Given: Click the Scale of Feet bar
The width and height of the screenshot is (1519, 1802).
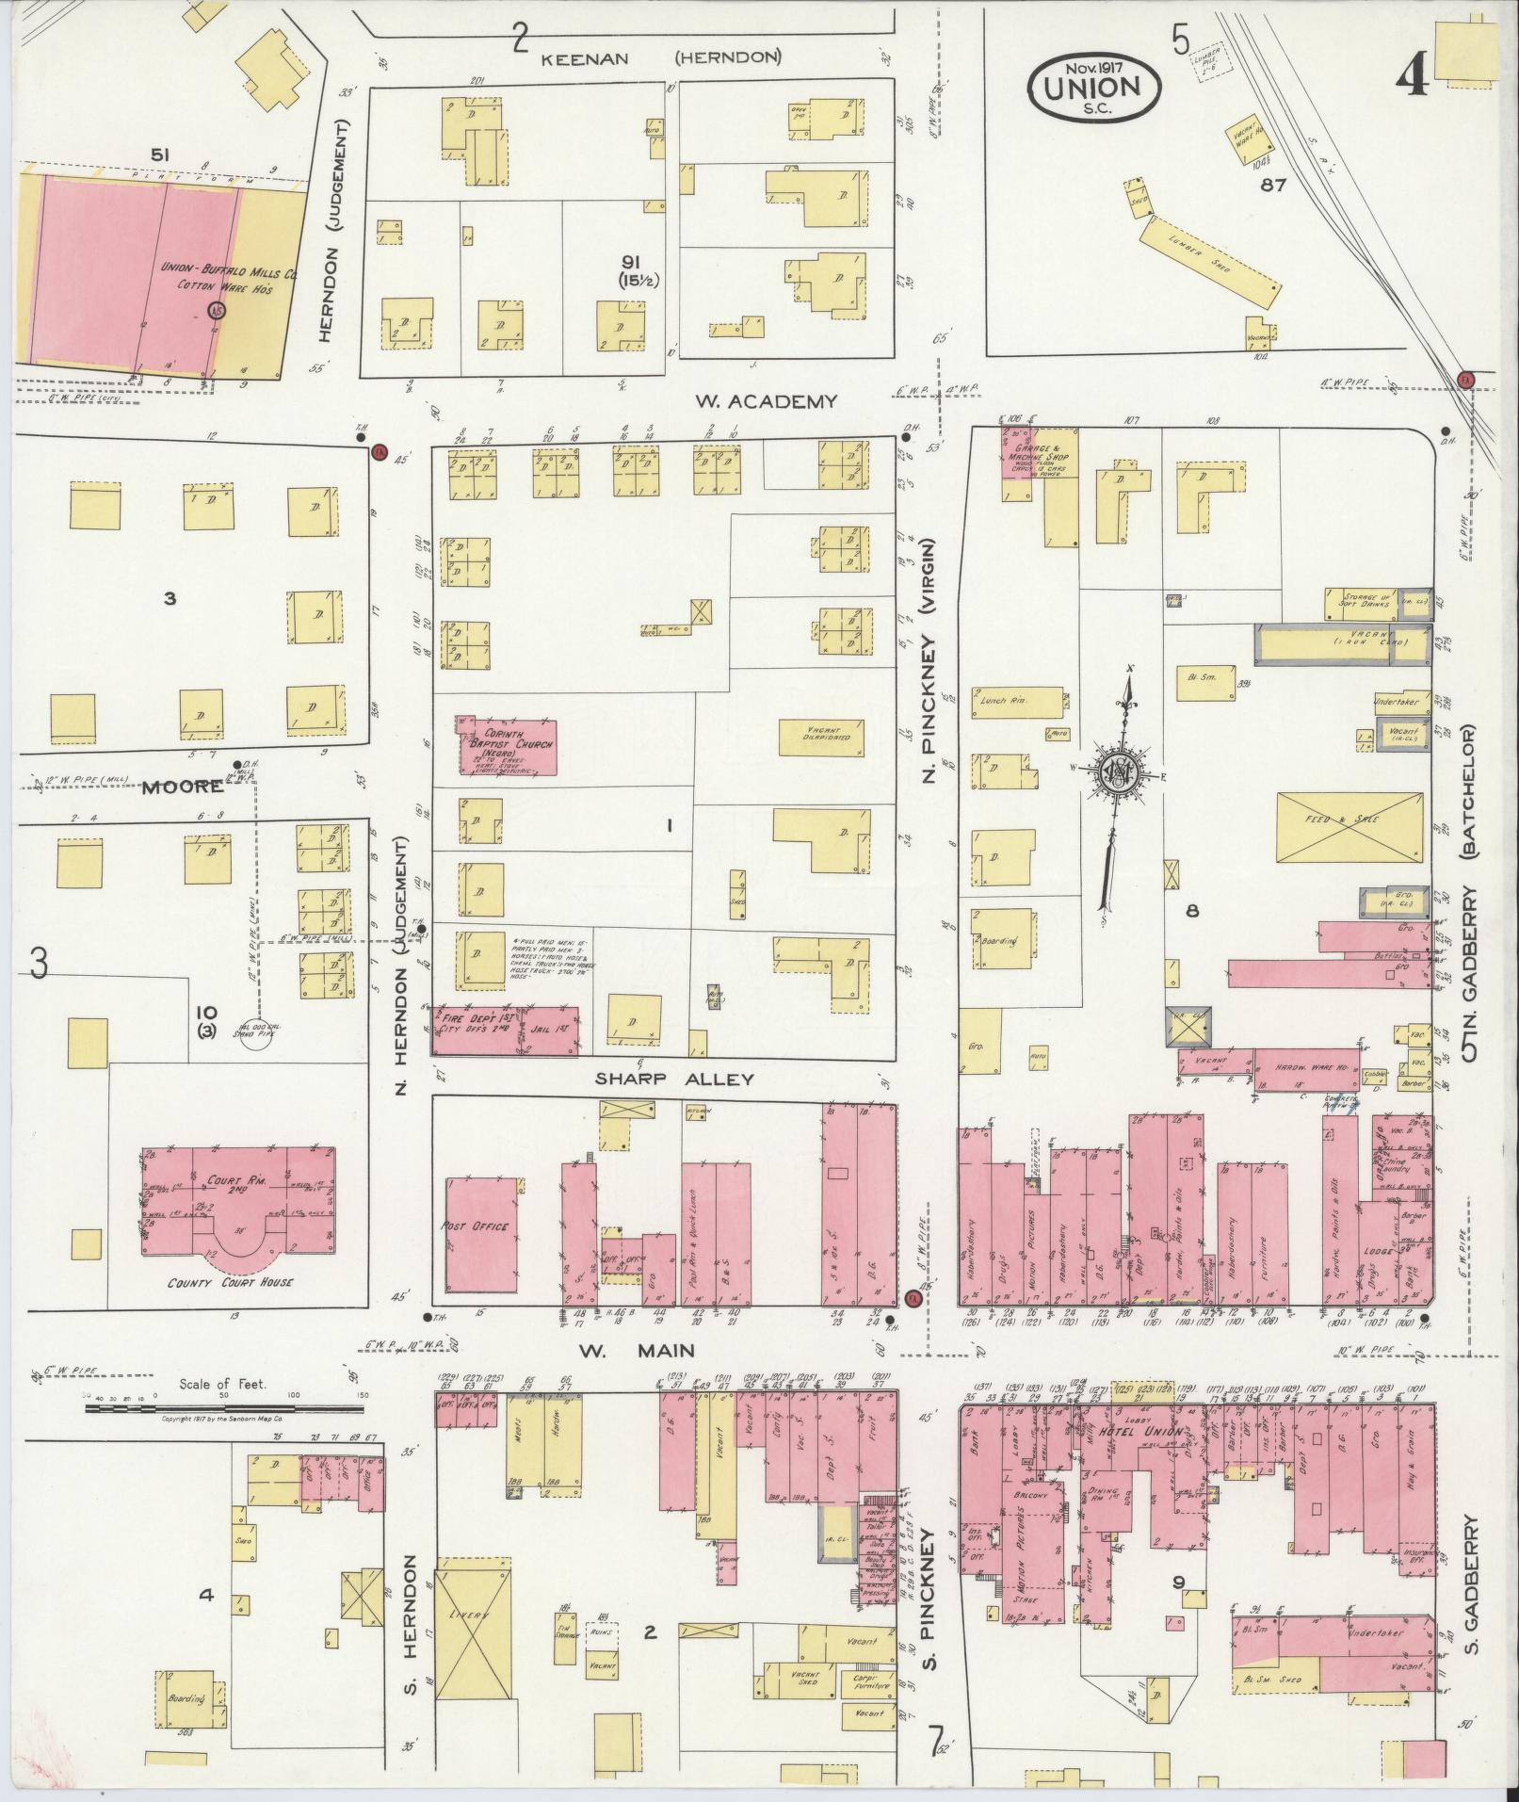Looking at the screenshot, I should click(223, 1408).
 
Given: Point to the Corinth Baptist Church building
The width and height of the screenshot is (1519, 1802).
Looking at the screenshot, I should click(505, 747).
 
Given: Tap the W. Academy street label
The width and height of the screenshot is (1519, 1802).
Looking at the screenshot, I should click(766, 402).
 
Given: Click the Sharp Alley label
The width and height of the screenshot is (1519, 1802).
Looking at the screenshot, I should click(674, 1078).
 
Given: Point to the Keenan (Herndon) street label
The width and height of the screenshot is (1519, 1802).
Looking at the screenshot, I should click(661, 57).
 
